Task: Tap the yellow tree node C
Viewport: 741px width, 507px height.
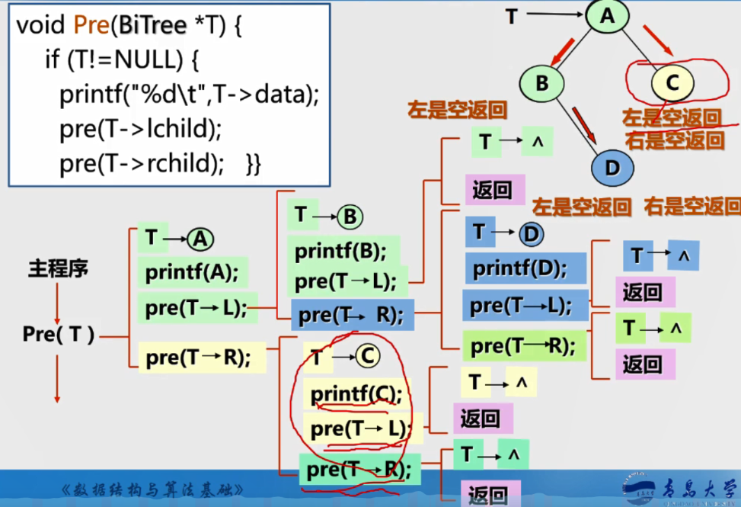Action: [671, 82]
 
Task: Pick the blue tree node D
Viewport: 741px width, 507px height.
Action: [612, 167]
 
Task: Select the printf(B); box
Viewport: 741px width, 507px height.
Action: [341, 250]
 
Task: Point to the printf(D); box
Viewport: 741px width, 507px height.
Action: [521, 268]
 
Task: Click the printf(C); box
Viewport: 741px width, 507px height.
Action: [355, 393]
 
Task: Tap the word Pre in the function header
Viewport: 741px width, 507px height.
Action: [91, 27]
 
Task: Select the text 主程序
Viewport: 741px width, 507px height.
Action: [58, 268]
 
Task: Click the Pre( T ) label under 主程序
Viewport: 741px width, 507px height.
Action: [58, 334]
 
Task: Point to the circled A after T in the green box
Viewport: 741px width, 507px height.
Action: [200, 240]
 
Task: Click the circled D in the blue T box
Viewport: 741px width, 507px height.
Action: [531, 233]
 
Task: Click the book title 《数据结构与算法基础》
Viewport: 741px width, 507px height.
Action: [153, 489]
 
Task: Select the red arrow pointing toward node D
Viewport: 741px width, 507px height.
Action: [585, 124]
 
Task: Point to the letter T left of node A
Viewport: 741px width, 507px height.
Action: [512, 15]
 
